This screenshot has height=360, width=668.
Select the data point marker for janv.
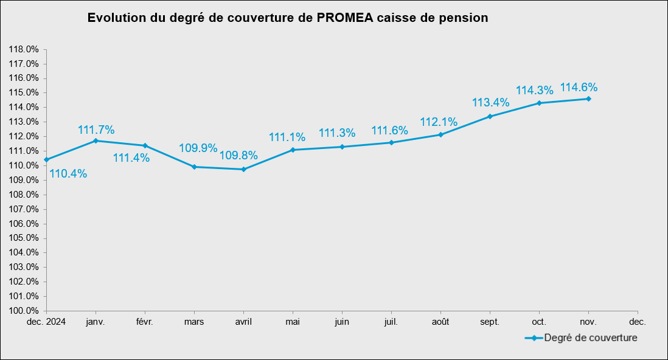point(96,140)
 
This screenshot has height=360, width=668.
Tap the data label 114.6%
point(579,88)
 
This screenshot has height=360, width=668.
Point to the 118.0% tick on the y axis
point(24,49)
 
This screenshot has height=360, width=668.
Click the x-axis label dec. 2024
point(46,320)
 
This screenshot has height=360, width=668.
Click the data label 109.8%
point(238,156)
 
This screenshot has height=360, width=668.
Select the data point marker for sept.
point(490,116)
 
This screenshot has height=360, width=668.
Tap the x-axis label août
point(440,320)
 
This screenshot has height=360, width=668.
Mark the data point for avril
point(243,169)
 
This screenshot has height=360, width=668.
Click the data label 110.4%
point(68,174)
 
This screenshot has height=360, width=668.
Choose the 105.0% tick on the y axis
point(24,238)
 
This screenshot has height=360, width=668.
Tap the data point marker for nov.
point(588,99)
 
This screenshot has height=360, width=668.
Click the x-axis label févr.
point(145,320)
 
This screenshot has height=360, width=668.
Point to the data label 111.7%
point(96,130)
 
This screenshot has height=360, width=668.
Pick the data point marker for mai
point(293,150)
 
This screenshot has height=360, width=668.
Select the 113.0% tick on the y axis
point(24,122)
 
